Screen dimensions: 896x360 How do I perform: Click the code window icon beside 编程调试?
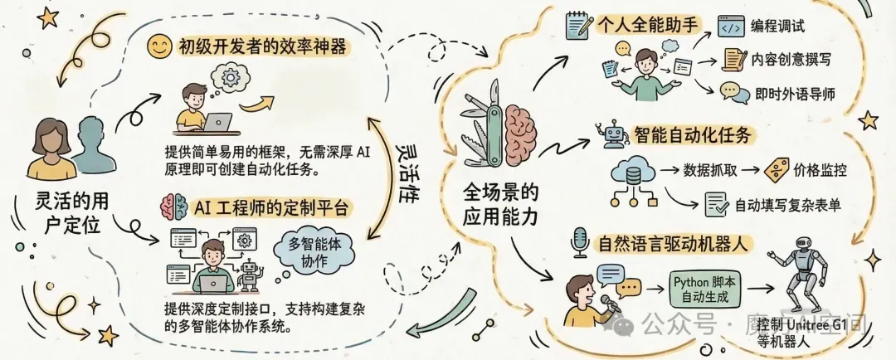point(730,24)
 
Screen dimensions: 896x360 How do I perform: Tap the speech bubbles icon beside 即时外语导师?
point(730,90)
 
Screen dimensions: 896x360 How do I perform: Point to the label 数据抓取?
point(708,170)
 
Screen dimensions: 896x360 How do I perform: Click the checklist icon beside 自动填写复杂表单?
point(716,203)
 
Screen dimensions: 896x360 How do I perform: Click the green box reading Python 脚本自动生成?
point(702,288)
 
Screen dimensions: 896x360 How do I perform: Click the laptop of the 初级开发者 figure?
point(217,123)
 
